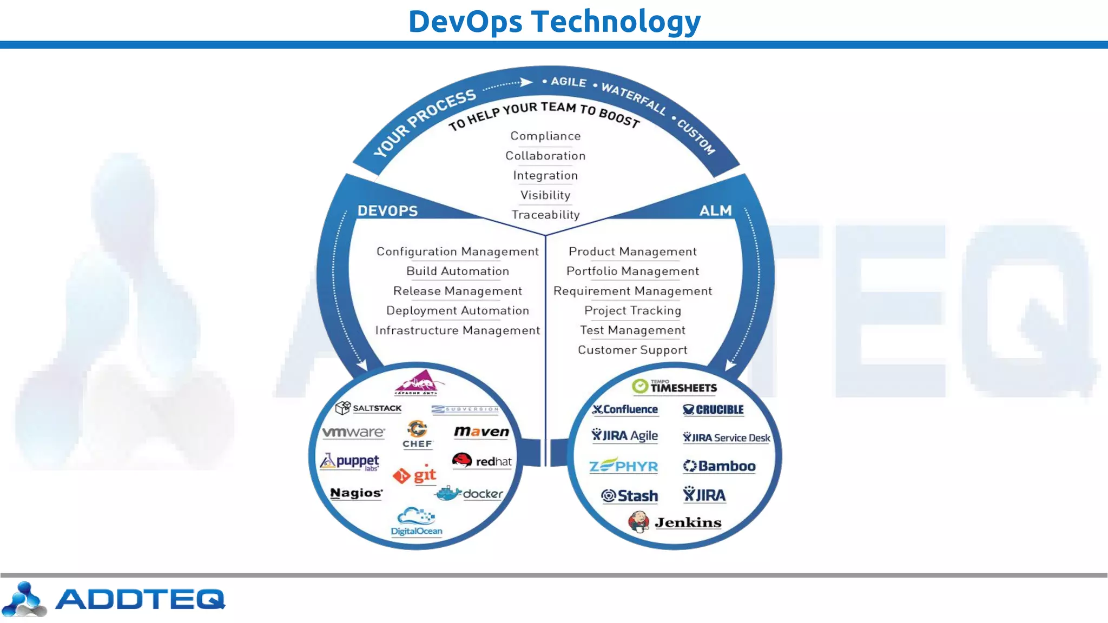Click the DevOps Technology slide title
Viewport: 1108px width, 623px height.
point(554,22)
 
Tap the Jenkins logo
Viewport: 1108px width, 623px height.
point(675,522)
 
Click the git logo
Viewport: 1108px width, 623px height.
point(415,475)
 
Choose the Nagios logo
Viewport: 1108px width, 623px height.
point(356,493)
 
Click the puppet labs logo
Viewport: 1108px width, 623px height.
point(351,461)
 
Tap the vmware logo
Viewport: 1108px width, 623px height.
point(353,432)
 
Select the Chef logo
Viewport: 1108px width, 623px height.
point(418,434)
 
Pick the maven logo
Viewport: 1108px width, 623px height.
point(482,432)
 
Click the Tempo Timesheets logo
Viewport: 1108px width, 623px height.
point(674,386)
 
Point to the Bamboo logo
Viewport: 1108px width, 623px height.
point(719,466)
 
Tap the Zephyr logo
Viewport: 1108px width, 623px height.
point(623,466)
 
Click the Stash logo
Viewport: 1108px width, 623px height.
point(630,495)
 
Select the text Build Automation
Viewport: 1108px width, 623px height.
point(458,271)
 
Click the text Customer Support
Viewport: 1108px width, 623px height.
point(632,350)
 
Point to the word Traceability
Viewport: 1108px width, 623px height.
point(545,215)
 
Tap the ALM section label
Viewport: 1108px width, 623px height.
point(715,210)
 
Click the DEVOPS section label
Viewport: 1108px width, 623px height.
point(387,211)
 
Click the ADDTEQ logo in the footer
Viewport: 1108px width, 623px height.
point(114,599)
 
